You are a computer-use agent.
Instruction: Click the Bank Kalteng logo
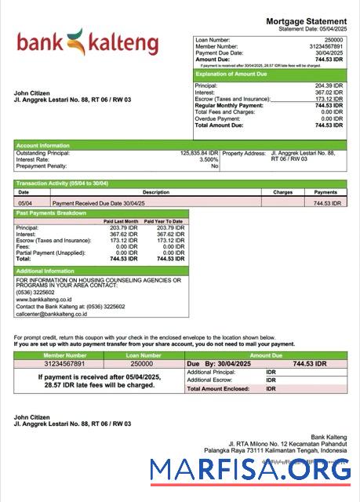87,43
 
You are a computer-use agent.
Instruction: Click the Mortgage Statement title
307,21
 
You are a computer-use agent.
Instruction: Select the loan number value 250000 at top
333,39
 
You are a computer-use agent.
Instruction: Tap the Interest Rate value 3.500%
209,160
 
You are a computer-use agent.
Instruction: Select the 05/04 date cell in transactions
24,202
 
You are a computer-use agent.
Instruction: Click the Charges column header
282,191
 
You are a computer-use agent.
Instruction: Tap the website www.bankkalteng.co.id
44,300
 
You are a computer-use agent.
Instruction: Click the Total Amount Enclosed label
214,388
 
